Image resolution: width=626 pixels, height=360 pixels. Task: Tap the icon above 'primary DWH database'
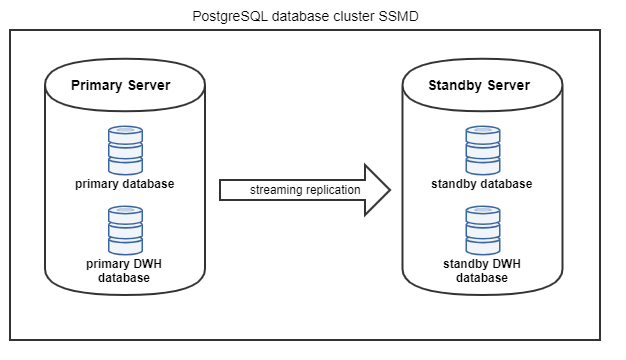(125, 229)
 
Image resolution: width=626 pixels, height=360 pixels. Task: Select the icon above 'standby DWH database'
(481, 229)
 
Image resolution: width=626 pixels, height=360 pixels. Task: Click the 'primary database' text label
(125, 183)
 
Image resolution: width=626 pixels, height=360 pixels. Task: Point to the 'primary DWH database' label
(125, 270)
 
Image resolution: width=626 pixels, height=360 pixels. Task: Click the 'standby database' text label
(481, 183)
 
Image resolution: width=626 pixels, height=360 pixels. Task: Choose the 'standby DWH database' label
(481, 270)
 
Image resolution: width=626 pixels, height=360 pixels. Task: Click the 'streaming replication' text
(291, 190)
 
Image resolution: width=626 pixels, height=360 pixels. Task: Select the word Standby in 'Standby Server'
(455, 85)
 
